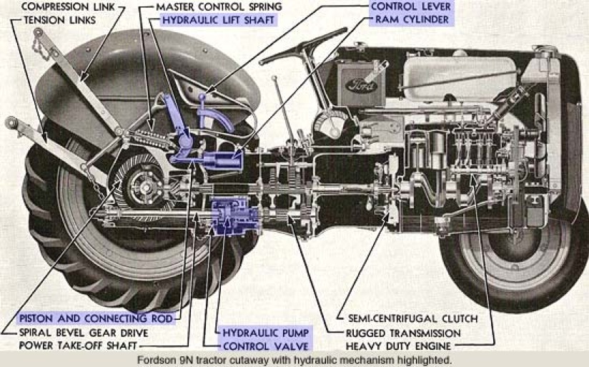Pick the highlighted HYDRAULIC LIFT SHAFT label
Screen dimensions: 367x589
(217, 20)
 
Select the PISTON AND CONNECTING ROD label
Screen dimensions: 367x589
(96, 318)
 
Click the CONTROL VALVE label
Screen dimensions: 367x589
(265, 346)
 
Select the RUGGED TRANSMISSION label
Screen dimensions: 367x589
(403, 333)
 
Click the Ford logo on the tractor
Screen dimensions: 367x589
(357, 84)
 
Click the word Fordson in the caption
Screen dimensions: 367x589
(159, 360)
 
